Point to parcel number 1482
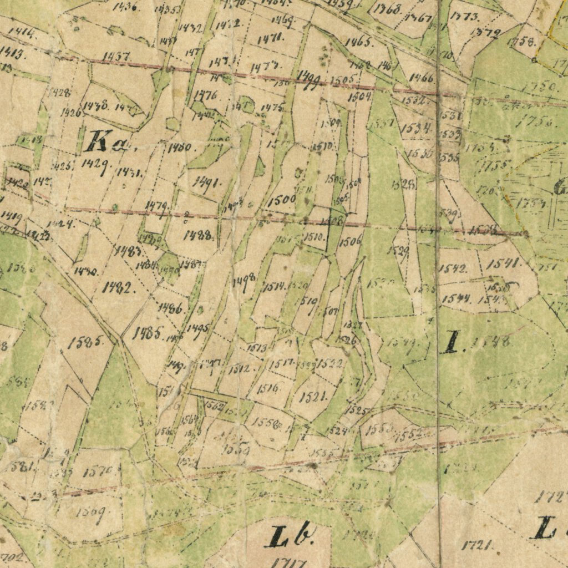[x=119, y=287]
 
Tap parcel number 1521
[x=313, y=396]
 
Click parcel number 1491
[x=206, y=184]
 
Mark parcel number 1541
[x=504, y=263]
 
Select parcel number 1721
[x=476, y=546]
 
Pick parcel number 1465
[x=359, y=42]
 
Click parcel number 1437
[x=116, y=57]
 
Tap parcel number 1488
[x=197, y=235]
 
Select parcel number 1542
[x=453, y=269]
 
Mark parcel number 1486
[x=170, y=308]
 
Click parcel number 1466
[x=421, y=78]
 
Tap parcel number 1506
[x=351, y=240]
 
